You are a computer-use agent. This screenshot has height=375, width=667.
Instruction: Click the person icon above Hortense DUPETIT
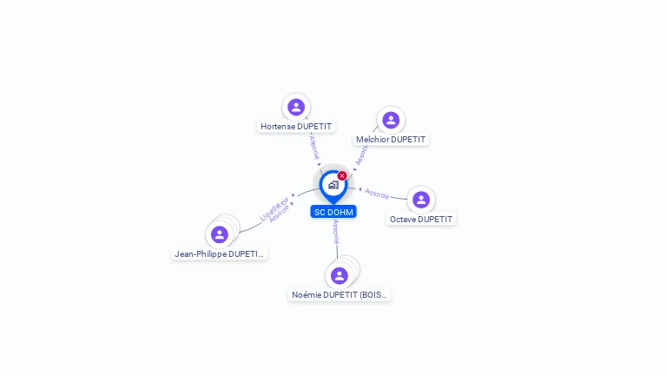click(296, 107)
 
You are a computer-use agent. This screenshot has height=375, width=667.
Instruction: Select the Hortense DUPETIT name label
click(296, 126)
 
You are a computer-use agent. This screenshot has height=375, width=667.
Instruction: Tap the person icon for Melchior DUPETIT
click(391, 120)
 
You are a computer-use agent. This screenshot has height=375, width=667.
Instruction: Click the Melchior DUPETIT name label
click(391, 139)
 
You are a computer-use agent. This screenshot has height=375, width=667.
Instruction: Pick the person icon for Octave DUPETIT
click(421, 200)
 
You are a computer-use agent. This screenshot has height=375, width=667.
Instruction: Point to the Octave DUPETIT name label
click(421, 219)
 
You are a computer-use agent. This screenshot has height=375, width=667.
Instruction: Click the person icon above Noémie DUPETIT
click(340, 275)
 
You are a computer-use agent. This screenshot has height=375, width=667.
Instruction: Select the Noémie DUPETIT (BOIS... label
click(340, 295)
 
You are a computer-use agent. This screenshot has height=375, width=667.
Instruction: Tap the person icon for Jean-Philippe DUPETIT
click(220, 234)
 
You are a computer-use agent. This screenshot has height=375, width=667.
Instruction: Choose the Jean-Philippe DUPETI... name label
click(220, 254)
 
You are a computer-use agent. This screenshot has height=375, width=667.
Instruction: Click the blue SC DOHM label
click(333, 212)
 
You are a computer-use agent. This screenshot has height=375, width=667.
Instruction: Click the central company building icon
click(333, 185)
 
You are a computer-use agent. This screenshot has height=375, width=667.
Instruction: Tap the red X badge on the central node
click(342, 175)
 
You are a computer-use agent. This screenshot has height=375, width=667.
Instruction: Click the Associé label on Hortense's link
click(314, 146)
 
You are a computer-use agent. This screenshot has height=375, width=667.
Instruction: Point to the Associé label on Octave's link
click(377, 193)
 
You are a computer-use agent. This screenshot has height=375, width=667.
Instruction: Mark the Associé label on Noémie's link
click(335, 232)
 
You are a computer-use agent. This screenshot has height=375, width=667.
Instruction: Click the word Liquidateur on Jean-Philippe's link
click(274, 208)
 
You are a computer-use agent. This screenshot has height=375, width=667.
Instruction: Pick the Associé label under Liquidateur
click(280, 214)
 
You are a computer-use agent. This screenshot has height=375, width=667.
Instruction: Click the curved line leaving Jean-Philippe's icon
click(252, 227)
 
